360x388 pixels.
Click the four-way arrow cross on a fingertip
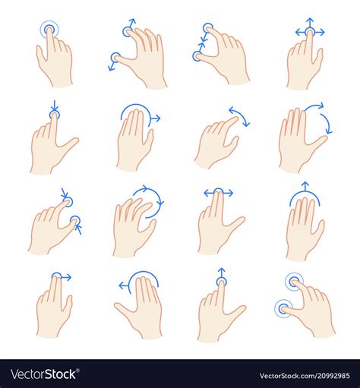(x=309, y=32)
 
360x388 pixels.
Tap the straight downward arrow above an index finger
(x=53, y=107)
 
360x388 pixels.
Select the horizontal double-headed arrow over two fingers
(x=219, y=193)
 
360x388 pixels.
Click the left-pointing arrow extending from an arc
(x=123, y=286)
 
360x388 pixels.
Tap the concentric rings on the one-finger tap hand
(x=49, y=31)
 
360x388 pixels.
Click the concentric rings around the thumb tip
(x=284, y=308)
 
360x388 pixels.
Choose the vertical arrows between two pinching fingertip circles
(x=204, y=42)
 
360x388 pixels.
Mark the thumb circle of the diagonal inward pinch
(x=74, y=221)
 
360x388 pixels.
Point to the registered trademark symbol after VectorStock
(x=79, y=371)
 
